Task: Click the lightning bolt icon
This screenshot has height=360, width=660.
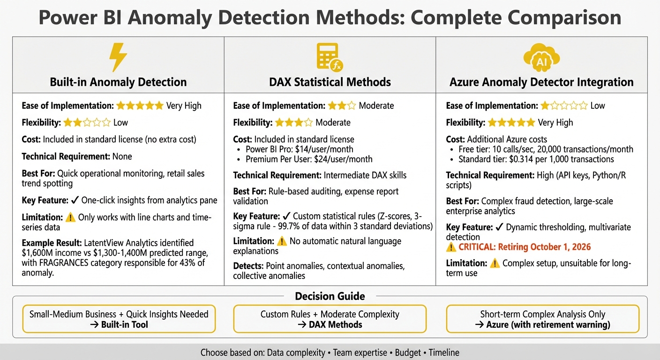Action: coord(118,57)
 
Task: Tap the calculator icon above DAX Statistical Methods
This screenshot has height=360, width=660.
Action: coord(329,57)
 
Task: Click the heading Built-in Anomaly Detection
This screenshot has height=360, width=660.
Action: coord(118,82)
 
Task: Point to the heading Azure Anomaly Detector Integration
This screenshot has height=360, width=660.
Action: coord(541,82)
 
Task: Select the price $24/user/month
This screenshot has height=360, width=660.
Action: coord(343,159)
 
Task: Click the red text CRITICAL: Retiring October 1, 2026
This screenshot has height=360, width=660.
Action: coord(525,247)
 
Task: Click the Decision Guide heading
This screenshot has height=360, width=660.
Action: coord(330,296)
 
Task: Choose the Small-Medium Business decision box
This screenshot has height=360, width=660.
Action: coord(119,319)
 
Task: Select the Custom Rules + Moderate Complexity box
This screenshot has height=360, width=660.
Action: coord(330,319)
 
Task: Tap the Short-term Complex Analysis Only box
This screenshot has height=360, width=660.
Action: coord(542,319)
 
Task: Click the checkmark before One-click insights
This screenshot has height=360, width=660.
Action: coord(75,201)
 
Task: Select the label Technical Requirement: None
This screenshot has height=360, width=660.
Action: coord(77,157)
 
